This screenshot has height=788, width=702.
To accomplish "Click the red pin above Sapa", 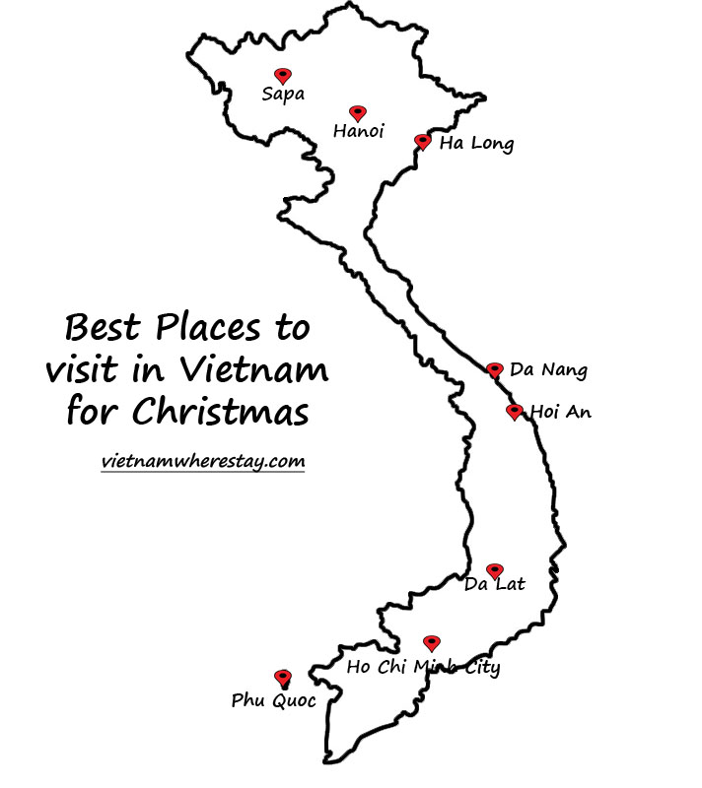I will pos(283,76).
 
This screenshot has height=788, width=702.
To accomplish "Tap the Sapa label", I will pos(283,95).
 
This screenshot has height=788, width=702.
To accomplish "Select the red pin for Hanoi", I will pos(357,114).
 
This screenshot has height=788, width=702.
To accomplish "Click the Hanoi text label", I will pos(358,131).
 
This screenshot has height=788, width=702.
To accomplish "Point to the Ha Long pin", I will pos(422,143).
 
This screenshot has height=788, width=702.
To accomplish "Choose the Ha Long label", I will pos(476,145).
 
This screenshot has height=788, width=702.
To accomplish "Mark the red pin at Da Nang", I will pos(495,370).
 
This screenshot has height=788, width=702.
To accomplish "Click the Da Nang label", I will pos(548,371).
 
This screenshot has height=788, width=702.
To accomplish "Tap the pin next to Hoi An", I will pos(514,412).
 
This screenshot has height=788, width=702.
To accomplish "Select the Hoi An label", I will pos(561,412).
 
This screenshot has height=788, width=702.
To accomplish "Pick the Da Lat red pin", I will pos(495,571).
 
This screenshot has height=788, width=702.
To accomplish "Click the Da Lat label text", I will pos(494,585).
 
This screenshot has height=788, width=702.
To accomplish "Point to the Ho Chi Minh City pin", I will pos(432,643).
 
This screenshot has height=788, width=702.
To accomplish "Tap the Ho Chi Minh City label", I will pos(424,669).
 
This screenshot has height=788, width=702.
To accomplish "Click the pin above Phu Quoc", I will pos(283,678).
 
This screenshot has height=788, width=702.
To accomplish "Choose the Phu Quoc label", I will pos(274,701).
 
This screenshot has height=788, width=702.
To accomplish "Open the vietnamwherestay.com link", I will pos(203,461).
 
